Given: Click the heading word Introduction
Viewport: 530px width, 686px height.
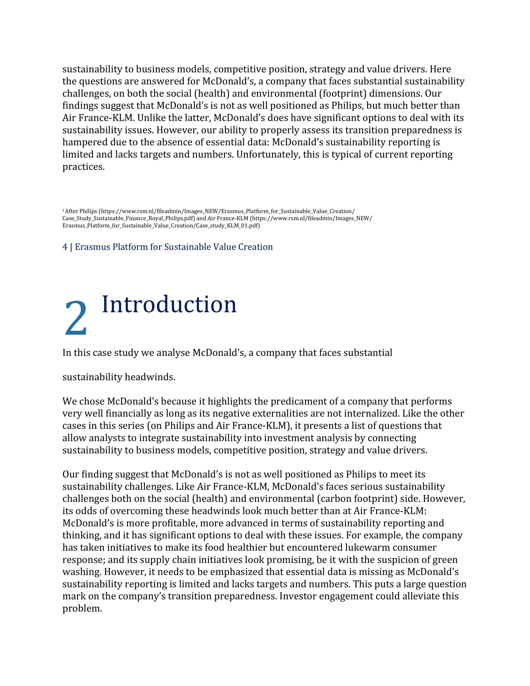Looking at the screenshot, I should tap(169, 304).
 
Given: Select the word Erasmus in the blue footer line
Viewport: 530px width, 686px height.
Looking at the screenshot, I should tap(92, 247).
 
